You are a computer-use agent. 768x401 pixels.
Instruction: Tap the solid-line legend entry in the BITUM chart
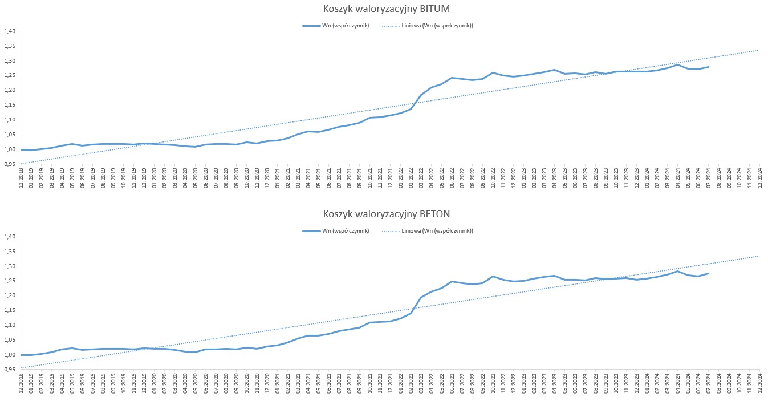click(335, 26)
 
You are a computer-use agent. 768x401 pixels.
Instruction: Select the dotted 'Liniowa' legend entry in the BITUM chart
click(427, 26)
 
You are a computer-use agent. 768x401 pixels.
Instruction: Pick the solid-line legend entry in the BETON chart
click(335, 231)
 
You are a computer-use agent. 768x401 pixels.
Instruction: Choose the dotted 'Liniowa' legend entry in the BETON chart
click(427, 231)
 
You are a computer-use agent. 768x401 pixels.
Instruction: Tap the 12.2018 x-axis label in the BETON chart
click(21, 382)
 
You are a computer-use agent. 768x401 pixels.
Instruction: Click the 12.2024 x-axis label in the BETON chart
click(759, 382)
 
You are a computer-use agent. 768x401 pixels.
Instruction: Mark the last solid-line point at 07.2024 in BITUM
click(708, 67)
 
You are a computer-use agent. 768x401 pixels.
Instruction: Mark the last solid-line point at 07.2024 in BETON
click(708, 273)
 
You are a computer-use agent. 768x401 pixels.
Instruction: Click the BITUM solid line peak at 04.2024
click(677, 64)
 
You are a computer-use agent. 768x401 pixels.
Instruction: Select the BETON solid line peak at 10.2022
click(493, 276)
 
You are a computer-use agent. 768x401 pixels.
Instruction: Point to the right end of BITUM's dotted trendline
click(759, 50)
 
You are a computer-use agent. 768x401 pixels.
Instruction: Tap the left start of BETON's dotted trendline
click(21, 367)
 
